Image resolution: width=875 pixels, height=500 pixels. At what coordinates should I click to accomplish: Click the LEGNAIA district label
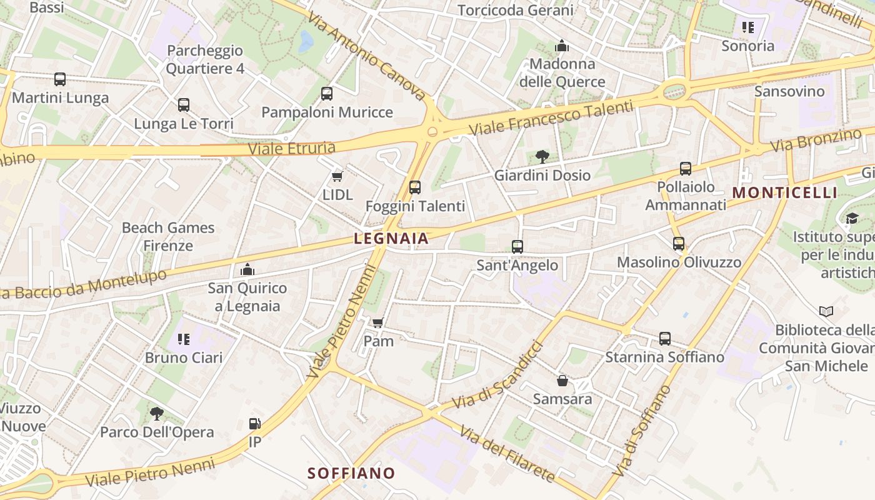(391, 238)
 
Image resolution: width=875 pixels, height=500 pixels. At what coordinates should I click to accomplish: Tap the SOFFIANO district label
(351, 473)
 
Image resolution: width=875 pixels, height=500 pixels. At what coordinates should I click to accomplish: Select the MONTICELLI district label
(784, 192)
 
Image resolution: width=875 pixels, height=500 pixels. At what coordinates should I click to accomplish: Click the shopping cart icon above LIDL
(337, 177)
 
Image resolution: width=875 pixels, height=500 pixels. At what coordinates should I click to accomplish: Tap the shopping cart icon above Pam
(377, 323)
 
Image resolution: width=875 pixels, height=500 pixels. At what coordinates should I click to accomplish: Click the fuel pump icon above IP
(254, 424)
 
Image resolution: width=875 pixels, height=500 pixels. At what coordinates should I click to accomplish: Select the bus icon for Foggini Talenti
(414, 187)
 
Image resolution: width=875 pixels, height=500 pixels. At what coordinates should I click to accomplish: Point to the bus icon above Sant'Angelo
(517, 247)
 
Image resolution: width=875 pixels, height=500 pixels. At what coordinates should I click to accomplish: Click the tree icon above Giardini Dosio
(542, 157)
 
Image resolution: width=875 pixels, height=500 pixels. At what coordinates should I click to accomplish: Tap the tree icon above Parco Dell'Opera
(156, 413)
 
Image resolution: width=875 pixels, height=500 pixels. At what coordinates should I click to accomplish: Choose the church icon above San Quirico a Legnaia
(247, 269)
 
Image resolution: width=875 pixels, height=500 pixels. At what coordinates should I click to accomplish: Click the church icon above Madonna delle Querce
(562, 46)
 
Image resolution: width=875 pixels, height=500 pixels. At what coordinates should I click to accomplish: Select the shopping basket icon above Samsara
(562, 381)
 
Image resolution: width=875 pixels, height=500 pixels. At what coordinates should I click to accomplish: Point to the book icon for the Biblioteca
(826, 311)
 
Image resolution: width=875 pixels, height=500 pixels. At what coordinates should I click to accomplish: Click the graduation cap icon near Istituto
(852, 218)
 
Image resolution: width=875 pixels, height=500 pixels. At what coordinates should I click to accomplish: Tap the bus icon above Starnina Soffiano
(664, 339)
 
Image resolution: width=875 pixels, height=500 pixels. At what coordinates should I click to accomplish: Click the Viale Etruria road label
(292, 149)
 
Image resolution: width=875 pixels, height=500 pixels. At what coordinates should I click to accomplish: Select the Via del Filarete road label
(507, 454)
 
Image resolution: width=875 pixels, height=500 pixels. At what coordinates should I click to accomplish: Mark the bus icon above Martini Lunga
(60, 79)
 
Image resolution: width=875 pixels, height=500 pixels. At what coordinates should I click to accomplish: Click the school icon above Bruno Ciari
(184, 339)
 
